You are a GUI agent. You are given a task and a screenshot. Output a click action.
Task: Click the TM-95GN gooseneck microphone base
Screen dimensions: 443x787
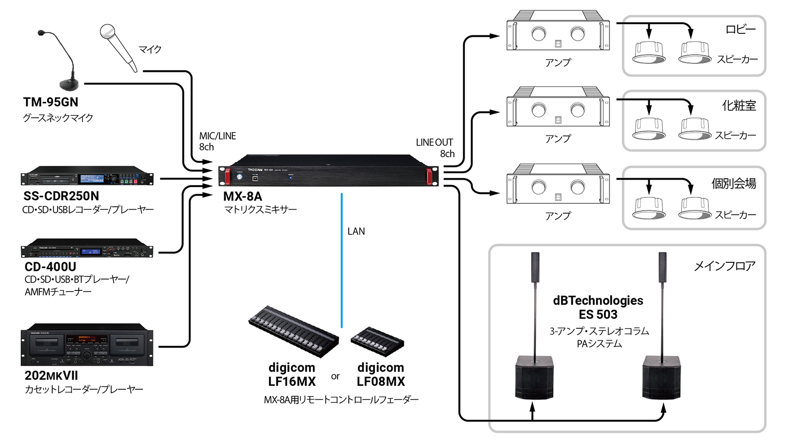(x=69, y=84)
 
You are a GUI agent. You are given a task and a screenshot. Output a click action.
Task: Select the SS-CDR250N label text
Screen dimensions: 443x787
(x=61, y=196)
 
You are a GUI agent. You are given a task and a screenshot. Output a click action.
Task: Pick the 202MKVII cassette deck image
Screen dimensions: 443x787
(x=87, y=345)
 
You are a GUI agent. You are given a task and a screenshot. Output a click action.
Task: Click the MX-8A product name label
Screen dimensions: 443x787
(x=242, y=196)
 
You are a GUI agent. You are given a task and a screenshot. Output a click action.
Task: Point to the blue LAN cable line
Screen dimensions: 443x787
(x=341, y=261)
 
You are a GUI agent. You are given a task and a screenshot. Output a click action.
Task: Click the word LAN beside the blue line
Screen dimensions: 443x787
(x=356, y=231)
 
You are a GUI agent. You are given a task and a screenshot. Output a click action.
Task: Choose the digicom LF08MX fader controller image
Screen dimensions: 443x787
(x=377, y=341)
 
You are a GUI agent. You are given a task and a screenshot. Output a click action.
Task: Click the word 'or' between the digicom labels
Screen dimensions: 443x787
(x=335, y=377)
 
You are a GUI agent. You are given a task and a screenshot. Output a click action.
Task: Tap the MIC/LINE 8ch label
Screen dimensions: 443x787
(x=217, y=141)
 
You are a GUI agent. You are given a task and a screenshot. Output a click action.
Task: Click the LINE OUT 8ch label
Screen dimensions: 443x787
(x=435, y=148)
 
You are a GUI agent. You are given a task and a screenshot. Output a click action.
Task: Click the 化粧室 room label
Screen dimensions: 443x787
(x=739, y=106)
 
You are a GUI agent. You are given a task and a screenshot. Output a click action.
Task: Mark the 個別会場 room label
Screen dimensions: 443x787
(x=733, y=184)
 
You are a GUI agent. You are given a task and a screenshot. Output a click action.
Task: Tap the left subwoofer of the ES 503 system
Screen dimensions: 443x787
(x=534, y=378)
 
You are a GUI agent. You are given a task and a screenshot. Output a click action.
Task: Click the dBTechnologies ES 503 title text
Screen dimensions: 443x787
(x=598, y=308)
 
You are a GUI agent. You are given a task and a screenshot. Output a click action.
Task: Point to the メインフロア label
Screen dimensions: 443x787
(x=724, y=266)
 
